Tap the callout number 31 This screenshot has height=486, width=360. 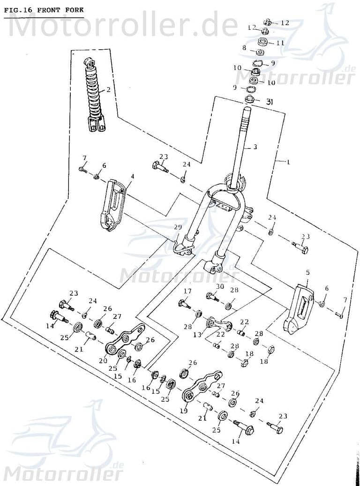270,101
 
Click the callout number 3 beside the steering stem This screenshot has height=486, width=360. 255,147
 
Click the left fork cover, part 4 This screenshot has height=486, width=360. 112,206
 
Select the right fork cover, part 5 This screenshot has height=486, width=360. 299,309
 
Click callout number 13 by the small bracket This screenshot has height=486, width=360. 197,335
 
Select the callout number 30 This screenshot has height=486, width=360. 220,286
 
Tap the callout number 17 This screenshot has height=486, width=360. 187,291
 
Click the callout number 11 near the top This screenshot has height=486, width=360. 280,43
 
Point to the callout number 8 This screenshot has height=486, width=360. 244,48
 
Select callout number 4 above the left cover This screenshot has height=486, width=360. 132,177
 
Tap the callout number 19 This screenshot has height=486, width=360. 184,411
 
